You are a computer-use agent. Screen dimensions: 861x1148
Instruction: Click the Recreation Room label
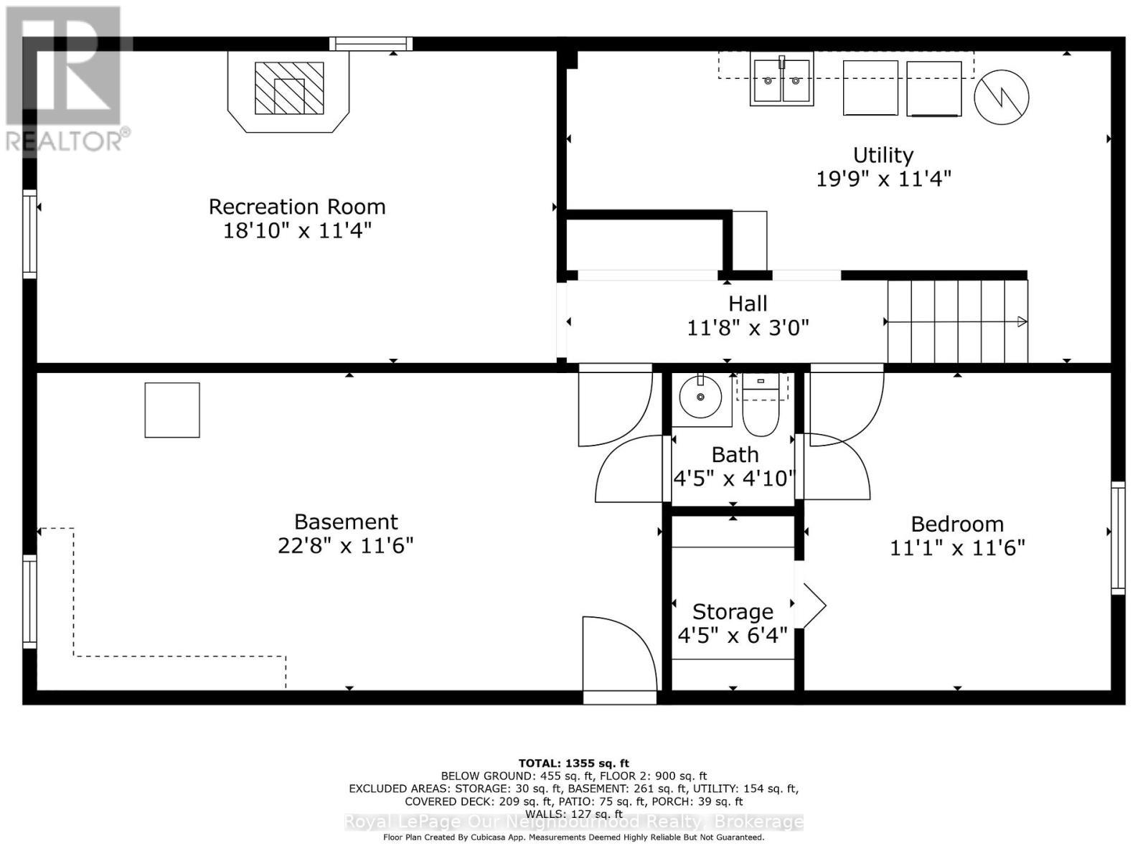click(x=297, y=207)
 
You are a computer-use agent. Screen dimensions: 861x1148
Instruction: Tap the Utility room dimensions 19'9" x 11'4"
click(x=883, y=179)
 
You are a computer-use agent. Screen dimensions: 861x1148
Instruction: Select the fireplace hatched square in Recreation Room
click(x=289, y=88)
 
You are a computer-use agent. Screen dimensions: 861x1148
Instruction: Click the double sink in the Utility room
click(x=781, y=80)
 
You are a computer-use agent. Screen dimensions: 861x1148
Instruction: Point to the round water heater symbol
click(x=1001, y=97)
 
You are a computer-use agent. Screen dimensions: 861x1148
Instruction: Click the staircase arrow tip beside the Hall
click(x=1022, y=322)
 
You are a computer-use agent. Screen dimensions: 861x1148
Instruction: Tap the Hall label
click(x=748, y=304)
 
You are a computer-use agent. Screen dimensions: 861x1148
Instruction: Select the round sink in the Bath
click(x=700, y=396)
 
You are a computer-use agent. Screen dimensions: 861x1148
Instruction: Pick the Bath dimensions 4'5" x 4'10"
click(x=734, y=478)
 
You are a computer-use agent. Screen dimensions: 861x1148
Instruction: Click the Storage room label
click(x=733, y=611)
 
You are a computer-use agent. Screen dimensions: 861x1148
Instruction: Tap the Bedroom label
click(x=957, y=524)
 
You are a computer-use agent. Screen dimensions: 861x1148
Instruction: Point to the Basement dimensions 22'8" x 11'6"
click(x=345, y=546)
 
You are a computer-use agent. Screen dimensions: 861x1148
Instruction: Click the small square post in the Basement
click(x=172, y=410)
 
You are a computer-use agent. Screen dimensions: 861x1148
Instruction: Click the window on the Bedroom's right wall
click(x=1118, y=538)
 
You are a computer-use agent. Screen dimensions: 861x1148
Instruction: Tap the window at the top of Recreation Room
click(x=371, y=44)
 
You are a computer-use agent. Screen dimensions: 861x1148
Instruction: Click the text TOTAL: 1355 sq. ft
click(x=573, y=763)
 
